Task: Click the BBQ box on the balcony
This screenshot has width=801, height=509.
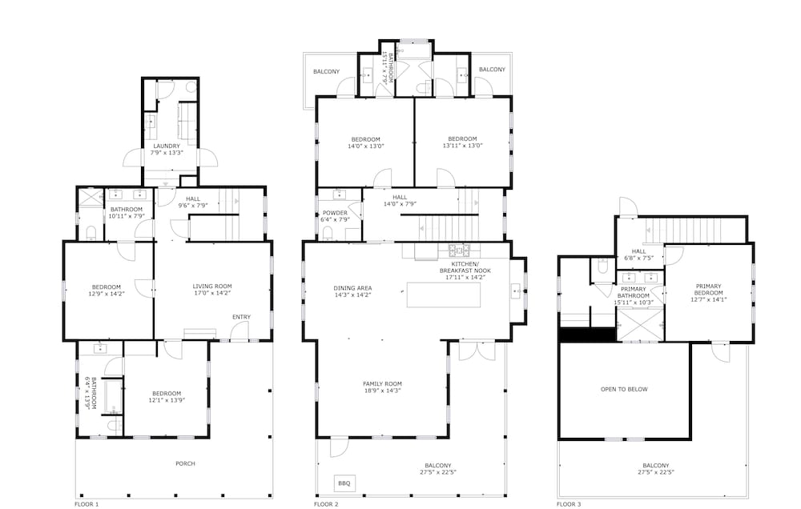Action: (344, 483)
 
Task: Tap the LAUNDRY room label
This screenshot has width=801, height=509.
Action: (167, 146)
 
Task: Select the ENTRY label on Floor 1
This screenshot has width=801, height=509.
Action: (241, 318)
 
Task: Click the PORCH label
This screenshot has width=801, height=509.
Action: (185, 463)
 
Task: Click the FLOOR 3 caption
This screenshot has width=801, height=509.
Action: (570, 505)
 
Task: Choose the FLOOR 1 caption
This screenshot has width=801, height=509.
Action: (86, 505)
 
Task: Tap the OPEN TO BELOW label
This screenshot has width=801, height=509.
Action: (624, 390)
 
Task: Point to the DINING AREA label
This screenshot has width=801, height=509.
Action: (352, 288)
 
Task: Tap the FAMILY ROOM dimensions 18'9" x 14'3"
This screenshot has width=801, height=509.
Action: (381, 391)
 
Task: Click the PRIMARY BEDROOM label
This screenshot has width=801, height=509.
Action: (709, 289)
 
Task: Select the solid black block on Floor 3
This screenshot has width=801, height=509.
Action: (587, 334)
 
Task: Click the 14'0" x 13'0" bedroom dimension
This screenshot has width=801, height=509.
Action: (365, 146)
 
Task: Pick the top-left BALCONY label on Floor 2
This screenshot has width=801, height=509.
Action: (326, 71)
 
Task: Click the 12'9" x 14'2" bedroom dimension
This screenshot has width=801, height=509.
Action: (106, 294)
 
